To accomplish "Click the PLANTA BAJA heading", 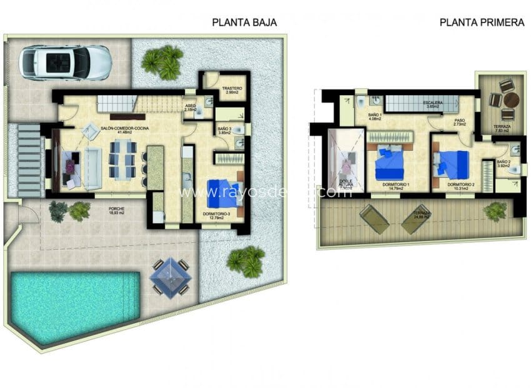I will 244,23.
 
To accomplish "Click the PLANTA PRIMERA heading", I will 482,23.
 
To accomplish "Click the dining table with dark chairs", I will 122,159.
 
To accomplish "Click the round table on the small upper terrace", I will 511,100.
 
